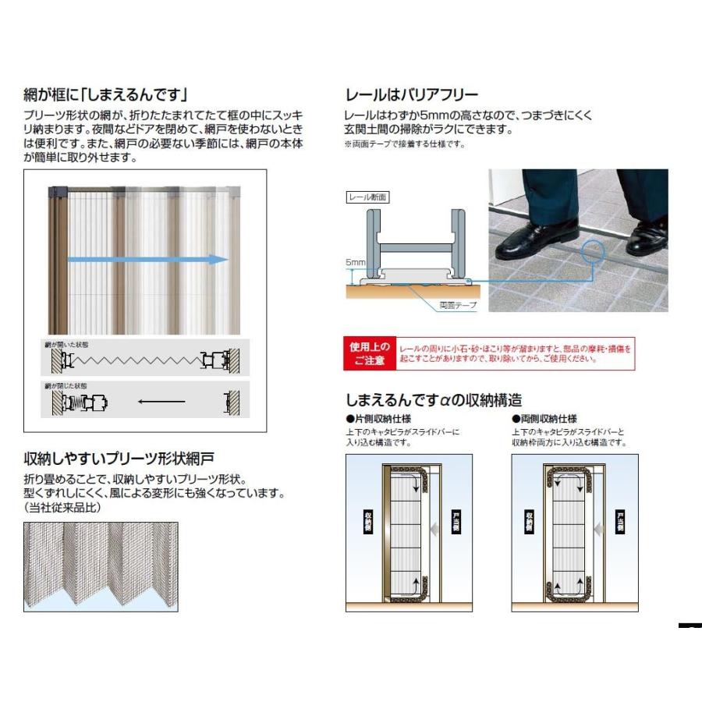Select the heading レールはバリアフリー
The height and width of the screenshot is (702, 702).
coord(411,96)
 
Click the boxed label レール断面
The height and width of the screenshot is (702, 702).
coord(367,198)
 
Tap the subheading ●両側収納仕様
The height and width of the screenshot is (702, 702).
coord(544,419)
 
